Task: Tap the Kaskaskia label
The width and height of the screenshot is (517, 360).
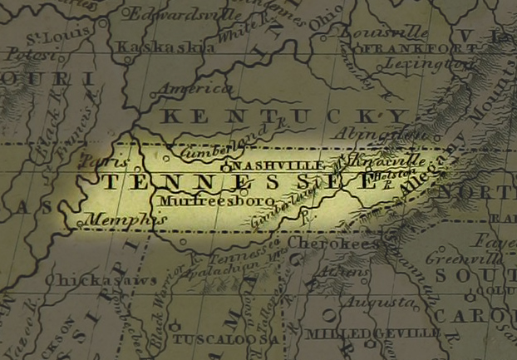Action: (x=156, y=47)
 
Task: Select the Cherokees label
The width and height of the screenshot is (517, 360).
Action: (x=329, y=244)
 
